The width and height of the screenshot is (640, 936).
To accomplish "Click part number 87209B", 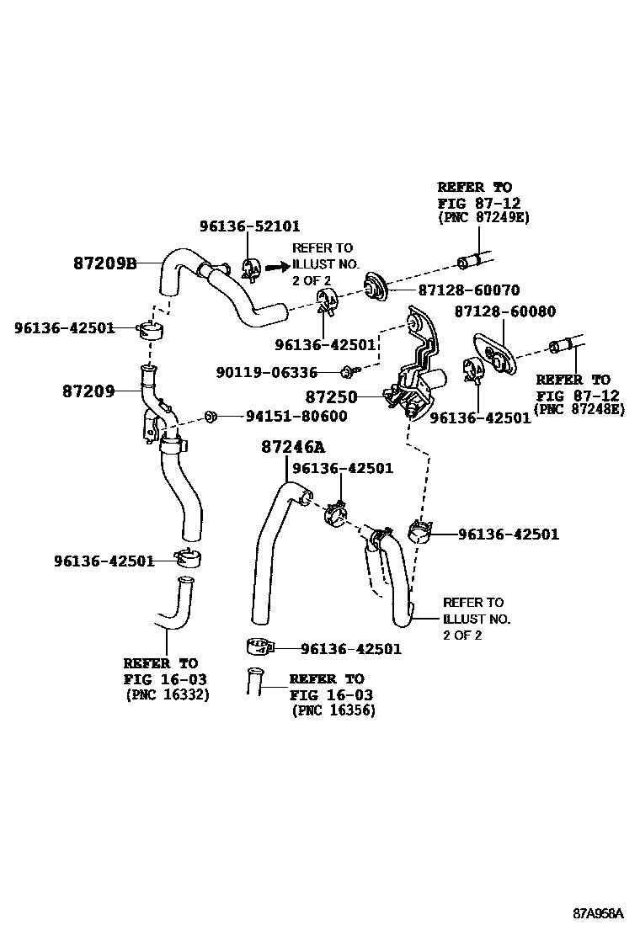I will pos(104,263).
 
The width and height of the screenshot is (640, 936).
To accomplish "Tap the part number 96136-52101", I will pos(249,226).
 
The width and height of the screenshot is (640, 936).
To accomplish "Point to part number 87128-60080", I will pos(504,311).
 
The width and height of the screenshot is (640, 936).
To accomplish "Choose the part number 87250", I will pos(331,396).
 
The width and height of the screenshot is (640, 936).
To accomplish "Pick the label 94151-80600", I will pos(296,416).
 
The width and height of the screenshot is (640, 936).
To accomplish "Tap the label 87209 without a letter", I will pos(88,391).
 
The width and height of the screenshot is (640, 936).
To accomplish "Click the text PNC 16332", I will pos(168,694).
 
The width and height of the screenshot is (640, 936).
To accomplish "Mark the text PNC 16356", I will pos(333,710).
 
